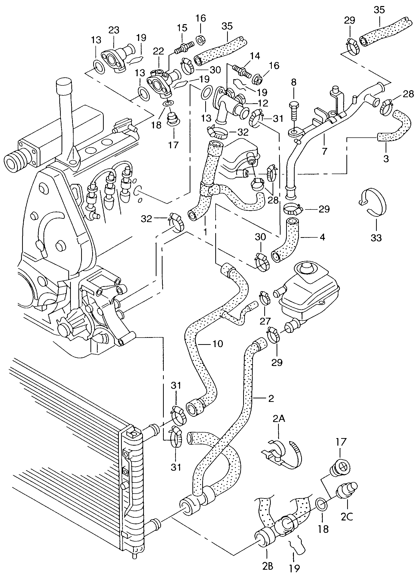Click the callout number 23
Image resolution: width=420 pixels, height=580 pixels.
click(114, 30)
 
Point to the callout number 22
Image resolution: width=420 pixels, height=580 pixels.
click(158, 51)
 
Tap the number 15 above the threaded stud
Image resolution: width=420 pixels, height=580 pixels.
click(182, 28)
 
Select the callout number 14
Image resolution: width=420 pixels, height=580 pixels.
click(255, 56)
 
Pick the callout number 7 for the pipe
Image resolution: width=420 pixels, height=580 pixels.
click(324, 151)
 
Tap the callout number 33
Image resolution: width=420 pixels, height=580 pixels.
click(376, 238)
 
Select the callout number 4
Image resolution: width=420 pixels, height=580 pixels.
click(322, 237)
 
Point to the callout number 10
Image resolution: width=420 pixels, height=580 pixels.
click(218, 344)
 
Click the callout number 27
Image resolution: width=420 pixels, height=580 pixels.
click(265, 321)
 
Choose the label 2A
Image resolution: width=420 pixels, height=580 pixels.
click(279, 419)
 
